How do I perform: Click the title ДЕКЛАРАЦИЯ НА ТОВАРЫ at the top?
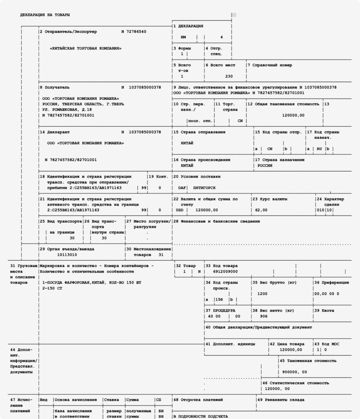point(45,15)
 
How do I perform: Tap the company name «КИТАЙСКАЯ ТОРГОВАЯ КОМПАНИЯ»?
point(86,48)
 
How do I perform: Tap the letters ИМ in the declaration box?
point(184,37)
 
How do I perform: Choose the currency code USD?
point(179,210)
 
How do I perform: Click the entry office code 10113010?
point(67,255)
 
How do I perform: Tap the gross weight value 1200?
point(262,294)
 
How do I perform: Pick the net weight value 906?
point(264,316)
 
